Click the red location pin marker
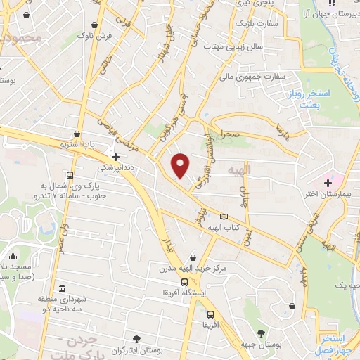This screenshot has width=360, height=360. pos(181,165)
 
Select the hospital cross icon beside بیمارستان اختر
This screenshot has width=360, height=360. pos(328,183)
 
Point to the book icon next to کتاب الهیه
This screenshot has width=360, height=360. pos(224,217)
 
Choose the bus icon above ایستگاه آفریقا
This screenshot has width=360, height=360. pos(184,282)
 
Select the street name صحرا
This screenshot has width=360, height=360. pos(232,132)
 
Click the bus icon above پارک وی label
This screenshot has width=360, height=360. pos(69,176)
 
